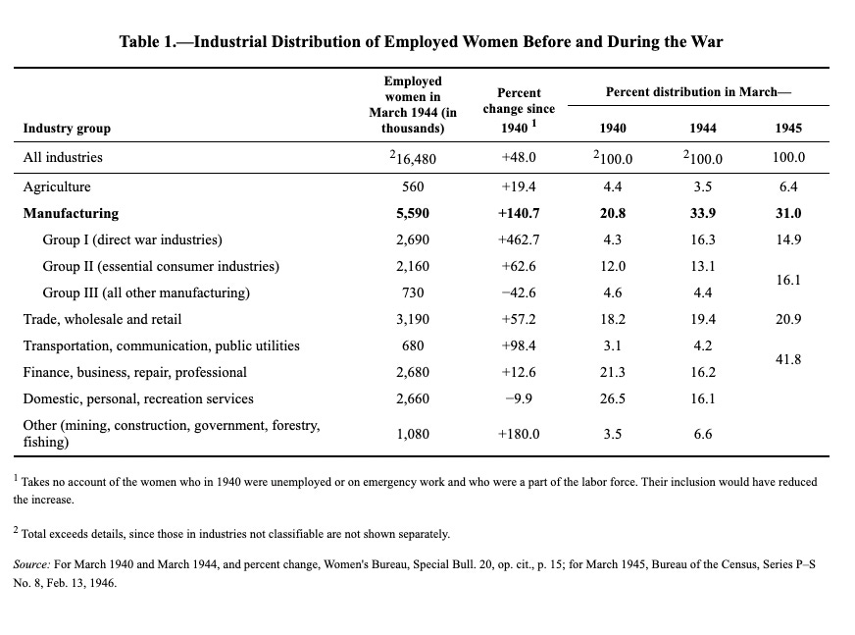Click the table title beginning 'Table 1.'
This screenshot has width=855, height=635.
point(421,42)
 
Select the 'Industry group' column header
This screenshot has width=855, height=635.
point(67,128)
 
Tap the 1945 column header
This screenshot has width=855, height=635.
point(787,129)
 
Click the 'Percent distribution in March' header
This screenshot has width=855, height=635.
point(697,91)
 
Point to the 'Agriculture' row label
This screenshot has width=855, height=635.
point(57,186)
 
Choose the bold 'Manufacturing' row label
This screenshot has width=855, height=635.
point(71,213)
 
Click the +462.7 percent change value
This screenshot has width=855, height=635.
point(519,239)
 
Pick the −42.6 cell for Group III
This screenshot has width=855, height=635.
point(519,292)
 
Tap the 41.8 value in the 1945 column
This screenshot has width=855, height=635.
point(787,359)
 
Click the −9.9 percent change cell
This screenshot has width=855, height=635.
point(519,398)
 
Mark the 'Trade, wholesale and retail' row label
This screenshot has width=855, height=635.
point(102,319)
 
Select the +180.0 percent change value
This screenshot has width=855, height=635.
point(519,433)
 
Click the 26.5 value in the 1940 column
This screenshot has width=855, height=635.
point(613,398)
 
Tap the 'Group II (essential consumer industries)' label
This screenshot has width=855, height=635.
point(161,266)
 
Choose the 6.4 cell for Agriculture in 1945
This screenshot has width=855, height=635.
point(787,186)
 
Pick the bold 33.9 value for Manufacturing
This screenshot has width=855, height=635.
point(702,213)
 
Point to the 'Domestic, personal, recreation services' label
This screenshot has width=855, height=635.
point(138,398)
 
